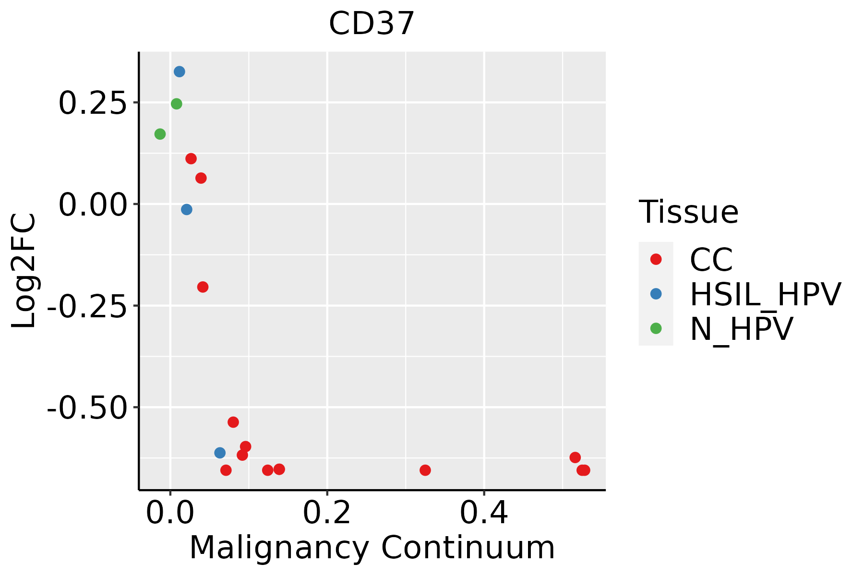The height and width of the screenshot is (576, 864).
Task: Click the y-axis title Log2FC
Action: coord(24,271)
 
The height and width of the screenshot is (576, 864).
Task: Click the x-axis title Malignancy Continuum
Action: coord(372,548)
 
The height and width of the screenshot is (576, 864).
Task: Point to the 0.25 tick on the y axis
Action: coord(93,103)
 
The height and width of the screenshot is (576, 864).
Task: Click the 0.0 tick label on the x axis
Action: coord(170,513)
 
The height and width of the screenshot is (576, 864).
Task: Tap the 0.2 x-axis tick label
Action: coord(327,513)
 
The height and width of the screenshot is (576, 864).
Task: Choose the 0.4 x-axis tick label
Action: coord(484,513)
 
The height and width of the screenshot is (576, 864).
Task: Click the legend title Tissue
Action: coord(688,212)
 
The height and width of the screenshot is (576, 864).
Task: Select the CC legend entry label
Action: coord(711,260)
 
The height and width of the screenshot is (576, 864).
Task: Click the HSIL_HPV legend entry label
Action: coord(765,294)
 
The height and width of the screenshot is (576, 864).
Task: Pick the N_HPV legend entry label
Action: coord(741,329)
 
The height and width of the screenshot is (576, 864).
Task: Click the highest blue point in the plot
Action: coord(180,72)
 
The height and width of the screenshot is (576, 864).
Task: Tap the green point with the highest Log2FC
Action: coord(177,104)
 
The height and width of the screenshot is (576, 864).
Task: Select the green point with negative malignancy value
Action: coord(160,134)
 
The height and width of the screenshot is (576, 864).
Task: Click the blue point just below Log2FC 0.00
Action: coord(187,210)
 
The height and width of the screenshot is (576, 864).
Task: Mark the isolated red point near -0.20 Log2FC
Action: coord(203,287)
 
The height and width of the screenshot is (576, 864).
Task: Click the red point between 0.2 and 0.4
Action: coord(425,470)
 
